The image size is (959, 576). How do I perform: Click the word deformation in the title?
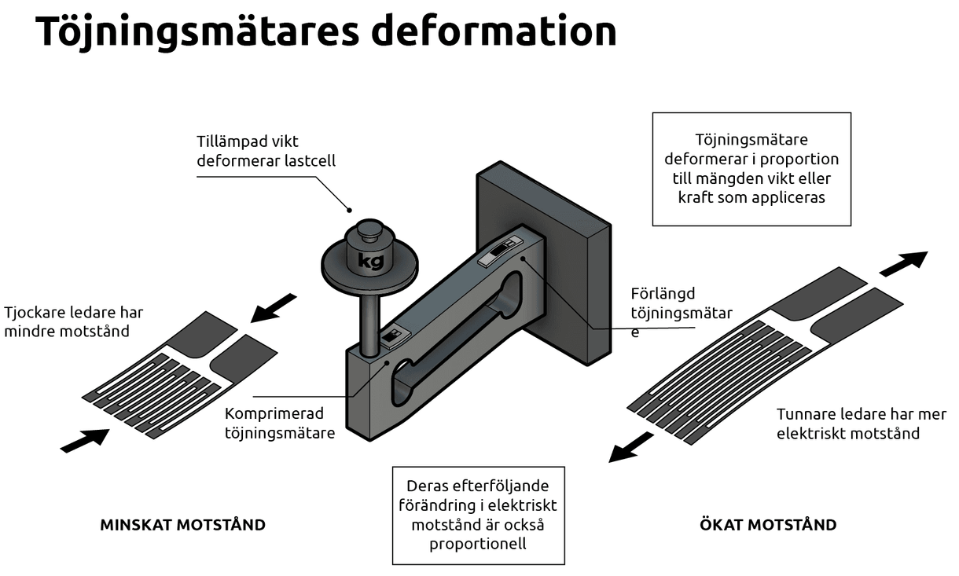click(x=494, y=31)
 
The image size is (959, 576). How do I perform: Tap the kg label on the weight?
click(x=370, y=261)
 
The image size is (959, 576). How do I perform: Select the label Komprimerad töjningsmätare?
click(x=280, y=423)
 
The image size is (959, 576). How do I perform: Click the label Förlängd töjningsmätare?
click(x=681, y=313)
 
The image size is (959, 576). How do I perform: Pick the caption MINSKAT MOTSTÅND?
click(x=182, y=525)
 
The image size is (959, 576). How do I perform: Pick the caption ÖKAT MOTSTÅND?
click(x=768, y=525)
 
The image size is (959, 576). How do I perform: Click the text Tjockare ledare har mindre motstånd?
click(x=74, y=321)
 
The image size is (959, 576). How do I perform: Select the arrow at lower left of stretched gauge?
click(x=630, y=448)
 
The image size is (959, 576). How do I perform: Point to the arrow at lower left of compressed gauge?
click(x=85, y=440)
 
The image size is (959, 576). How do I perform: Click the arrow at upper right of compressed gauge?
click(x=273, y=308)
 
